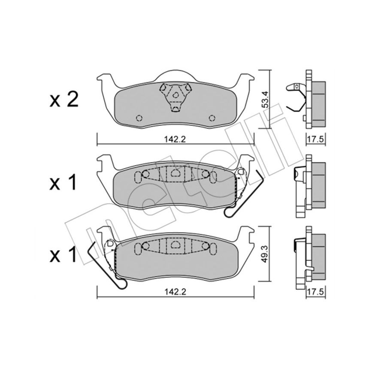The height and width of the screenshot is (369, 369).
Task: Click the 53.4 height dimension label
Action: [x=266, y=99]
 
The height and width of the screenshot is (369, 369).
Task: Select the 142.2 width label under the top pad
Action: [x=175, y=139]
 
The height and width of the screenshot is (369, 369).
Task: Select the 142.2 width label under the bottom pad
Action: [x=175, y=292]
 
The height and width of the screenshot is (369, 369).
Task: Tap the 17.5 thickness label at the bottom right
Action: [x=316, y=292]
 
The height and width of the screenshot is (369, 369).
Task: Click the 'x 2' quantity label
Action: [x=64, y=100]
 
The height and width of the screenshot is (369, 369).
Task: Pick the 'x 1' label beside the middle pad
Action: [x=63, y=183]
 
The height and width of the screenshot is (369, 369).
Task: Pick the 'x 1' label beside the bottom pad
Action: [x=63, y=254]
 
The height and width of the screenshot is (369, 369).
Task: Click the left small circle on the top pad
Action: [x=139, y=118]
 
